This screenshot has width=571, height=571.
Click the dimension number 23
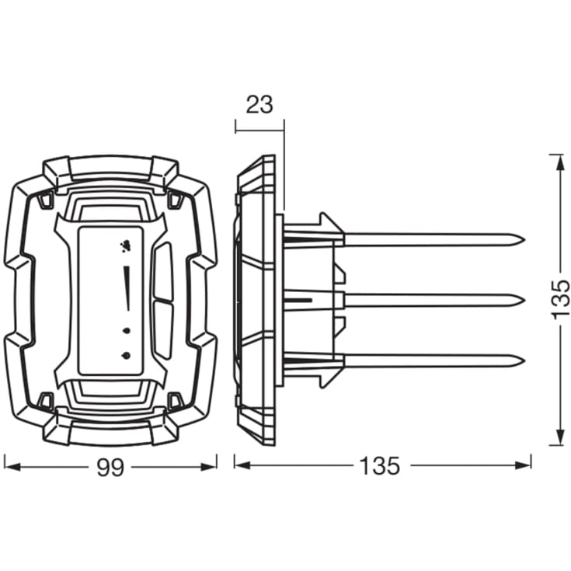pos(259,105)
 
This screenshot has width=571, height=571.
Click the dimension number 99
pos(110,467)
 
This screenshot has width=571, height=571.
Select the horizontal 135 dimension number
pos(379,466)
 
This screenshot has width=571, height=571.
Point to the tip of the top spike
pos(524,240)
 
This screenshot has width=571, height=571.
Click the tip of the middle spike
pos(524,301)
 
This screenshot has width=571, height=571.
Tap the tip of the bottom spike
pos(524,361)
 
